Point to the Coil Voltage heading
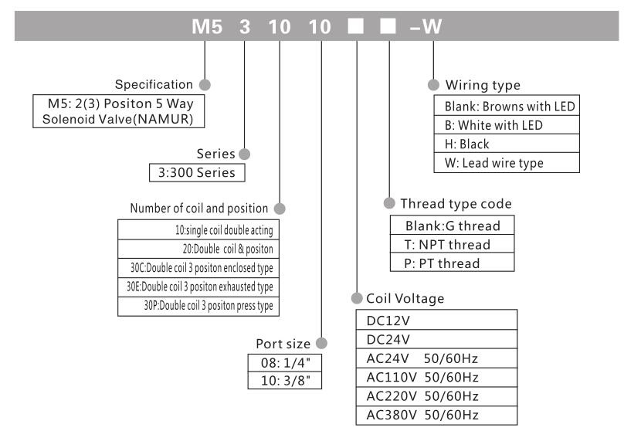click(x=405, y=297)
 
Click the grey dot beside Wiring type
click(x=433, y=83)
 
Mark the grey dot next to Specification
click(x=205, y=83)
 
